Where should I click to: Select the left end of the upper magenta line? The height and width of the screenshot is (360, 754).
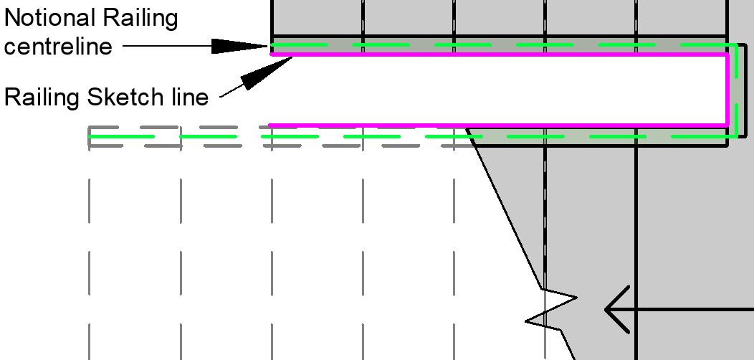point(271,54)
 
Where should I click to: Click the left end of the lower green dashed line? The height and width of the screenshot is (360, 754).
point(90,136)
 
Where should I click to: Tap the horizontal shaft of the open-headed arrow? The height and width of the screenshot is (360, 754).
point(688,310)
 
